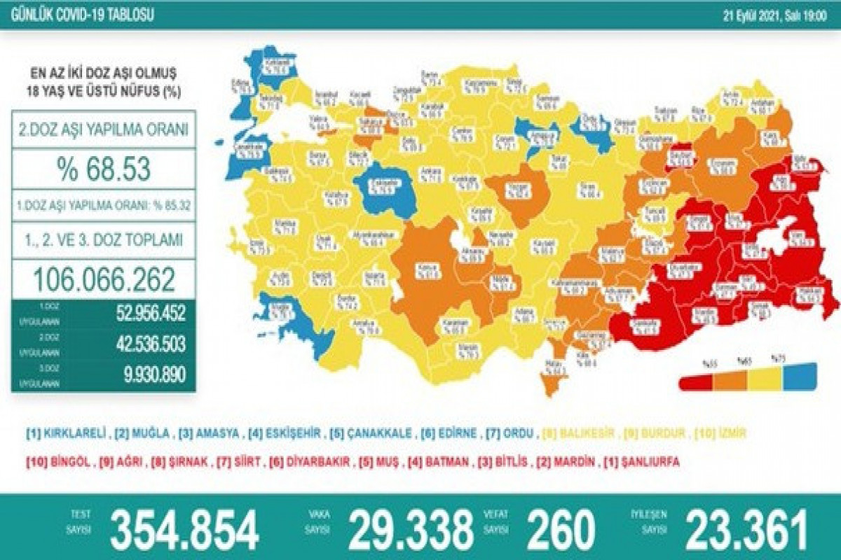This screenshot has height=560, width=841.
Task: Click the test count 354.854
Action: tap(184, 529)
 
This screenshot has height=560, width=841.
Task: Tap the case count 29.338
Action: tap(411, 529)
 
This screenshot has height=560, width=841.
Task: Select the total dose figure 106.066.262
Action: tap(104, 279)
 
